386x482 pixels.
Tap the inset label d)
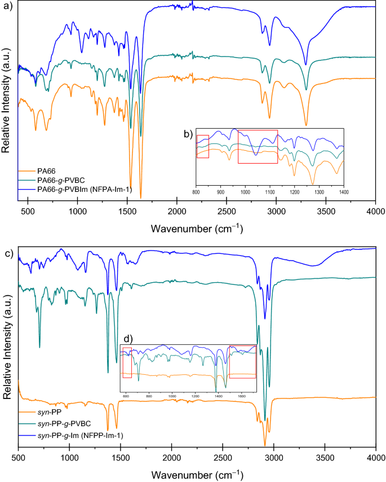tap(127, 339)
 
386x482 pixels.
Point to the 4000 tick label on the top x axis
tap(375, 212)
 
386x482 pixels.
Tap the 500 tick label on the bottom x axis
tap(19, 456)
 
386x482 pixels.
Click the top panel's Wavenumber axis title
tap(197, 228)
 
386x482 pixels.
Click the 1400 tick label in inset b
tap(343, 192)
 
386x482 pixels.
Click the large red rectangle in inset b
tap(258, 147)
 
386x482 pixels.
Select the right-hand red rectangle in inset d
tap(243, 362)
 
